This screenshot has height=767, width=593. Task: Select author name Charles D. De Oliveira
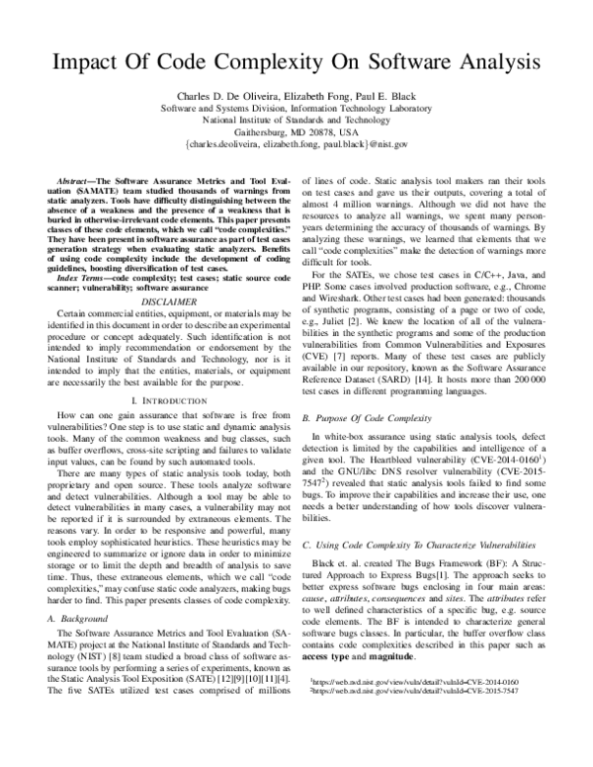pos(214,97)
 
